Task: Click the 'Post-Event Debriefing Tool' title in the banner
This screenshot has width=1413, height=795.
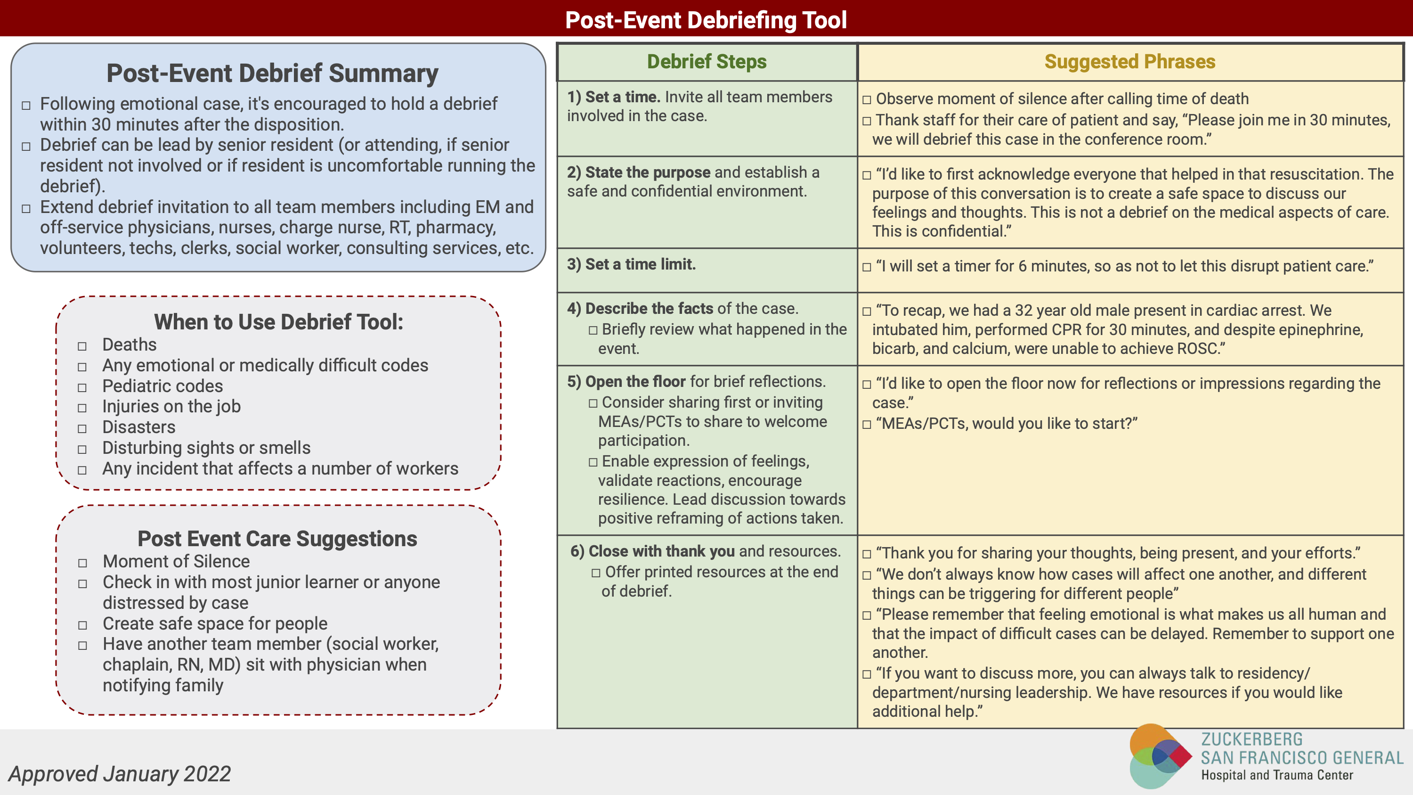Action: click(706, 20)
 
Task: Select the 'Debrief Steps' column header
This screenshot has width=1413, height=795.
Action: click(706, 61)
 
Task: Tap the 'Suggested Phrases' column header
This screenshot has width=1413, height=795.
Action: click(1129, 61)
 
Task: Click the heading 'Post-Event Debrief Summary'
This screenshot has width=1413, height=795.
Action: click(272, 73)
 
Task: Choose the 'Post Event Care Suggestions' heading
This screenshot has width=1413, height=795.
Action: click(277, 538)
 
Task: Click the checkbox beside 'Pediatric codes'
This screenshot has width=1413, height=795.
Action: click(82, 388)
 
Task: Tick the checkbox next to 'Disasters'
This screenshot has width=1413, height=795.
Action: click(82, 429)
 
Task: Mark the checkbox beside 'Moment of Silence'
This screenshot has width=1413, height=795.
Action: click(83, 564)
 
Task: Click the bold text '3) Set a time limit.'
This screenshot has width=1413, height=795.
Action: click(631, 264)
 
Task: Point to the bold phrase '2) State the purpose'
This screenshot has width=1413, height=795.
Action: click(639, 172)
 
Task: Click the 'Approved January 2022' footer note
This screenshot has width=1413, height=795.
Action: click(120, 774)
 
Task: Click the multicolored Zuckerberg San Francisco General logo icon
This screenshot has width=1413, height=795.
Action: click(1159, 756)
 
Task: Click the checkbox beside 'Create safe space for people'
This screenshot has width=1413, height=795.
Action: click(83, 625)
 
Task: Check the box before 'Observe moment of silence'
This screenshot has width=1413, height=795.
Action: click(867, 100)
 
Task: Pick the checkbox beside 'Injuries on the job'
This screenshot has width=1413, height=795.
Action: click(82, 408)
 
